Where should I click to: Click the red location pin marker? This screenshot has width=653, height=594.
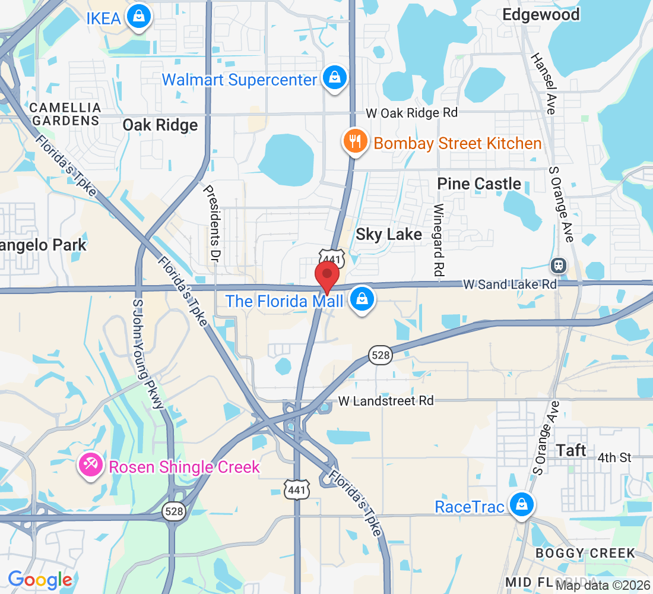[326, 276]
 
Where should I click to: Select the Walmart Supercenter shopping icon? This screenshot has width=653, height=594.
[335, 78]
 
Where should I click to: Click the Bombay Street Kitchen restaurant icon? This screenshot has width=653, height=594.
[355, 143]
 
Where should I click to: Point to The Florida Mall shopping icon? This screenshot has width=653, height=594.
[362, 299]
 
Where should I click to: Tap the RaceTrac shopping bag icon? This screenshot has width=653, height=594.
[521, 505]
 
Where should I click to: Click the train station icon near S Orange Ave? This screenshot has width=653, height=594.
[559, 266]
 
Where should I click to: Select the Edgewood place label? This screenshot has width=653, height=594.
[541, 14]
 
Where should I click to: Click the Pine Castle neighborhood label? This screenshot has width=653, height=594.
[479, 184]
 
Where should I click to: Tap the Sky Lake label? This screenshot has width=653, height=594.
[389, 234]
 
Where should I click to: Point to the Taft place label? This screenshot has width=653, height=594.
[572, 450]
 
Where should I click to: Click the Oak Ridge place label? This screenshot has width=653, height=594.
[160, 125]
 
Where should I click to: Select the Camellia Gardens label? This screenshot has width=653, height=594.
[65, 114]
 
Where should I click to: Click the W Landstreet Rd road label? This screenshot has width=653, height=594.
[386, 401]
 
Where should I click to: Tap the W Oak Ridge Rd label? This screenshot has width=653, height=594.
[411, 112]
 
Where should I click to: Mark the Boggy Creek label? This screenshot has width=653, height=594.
[585, 553]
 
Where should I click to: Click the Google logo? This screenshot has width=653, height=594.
[40, 579]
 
